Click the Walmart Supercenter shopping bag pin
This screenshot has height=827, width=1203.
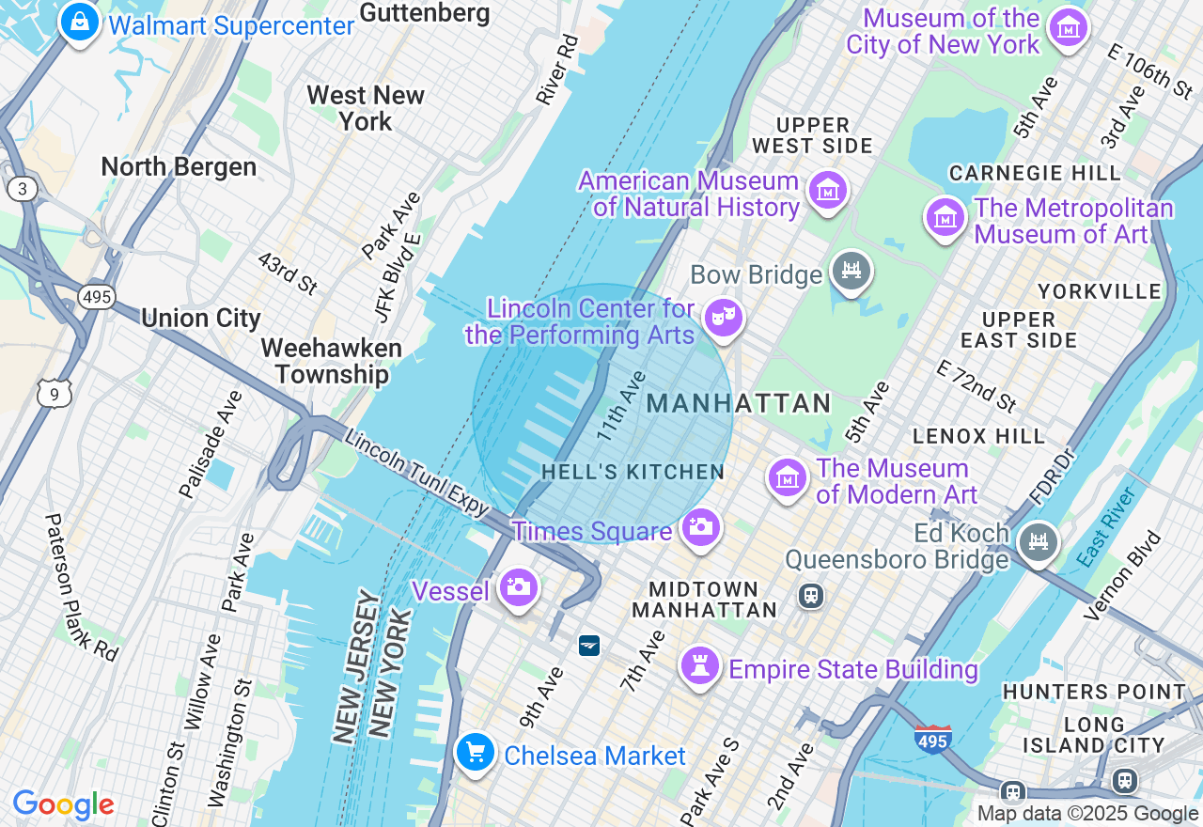[80, 21]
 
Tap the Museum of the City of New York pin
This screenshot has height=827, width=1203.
[1069, 27]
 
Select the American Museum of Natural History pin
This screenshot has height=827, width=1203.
[827, 191]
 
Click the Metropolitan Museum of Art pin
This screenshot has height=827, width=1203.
[945, 217]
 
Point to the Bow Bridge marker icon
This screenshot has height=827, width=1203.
[851, 271]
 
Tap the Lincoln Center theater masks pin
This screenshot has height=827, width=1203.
[723, 318]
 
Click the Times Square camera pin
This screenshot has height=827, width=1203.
[700, 526]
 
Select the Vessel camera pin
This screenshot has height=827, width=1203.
[518, 587]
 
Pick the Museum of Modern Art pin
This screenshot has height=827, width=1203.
[788, 478]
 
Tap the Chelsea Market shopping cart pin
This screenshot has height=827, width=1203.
[476, 752]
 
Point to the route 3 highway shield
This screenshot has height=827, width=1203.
[21, 189]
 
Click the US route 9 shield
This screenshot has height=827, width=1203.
[55, 394]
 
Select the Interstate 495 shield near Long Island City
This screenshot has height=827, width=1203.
[932, 739]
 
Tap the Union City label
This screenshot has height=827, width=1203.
[200, 318]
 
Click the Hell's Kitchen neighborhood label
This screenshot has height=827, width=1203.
[633, 472]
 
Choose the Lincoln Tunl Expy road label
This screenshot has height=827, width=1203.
[416, 473]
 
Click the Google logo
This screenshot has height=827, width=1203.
[63, 804]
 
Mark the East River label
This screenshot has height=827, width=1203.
[1106, 527]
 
